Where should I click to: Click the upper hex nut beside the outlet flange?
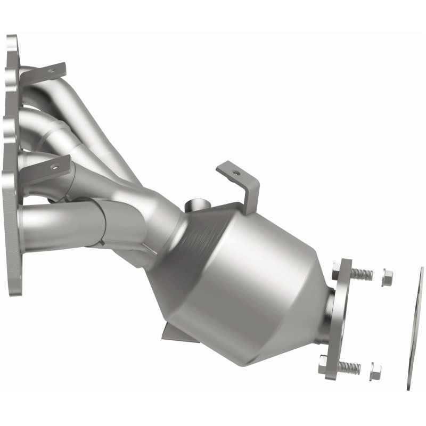click(x=387, y=277)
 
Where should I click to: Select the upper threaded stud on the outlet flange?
click(x=361, y=274)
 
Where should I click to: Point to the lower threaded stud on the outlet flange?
click(x=349, y=367)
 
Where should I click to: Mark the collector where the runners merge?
click(x=160, y=213)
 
